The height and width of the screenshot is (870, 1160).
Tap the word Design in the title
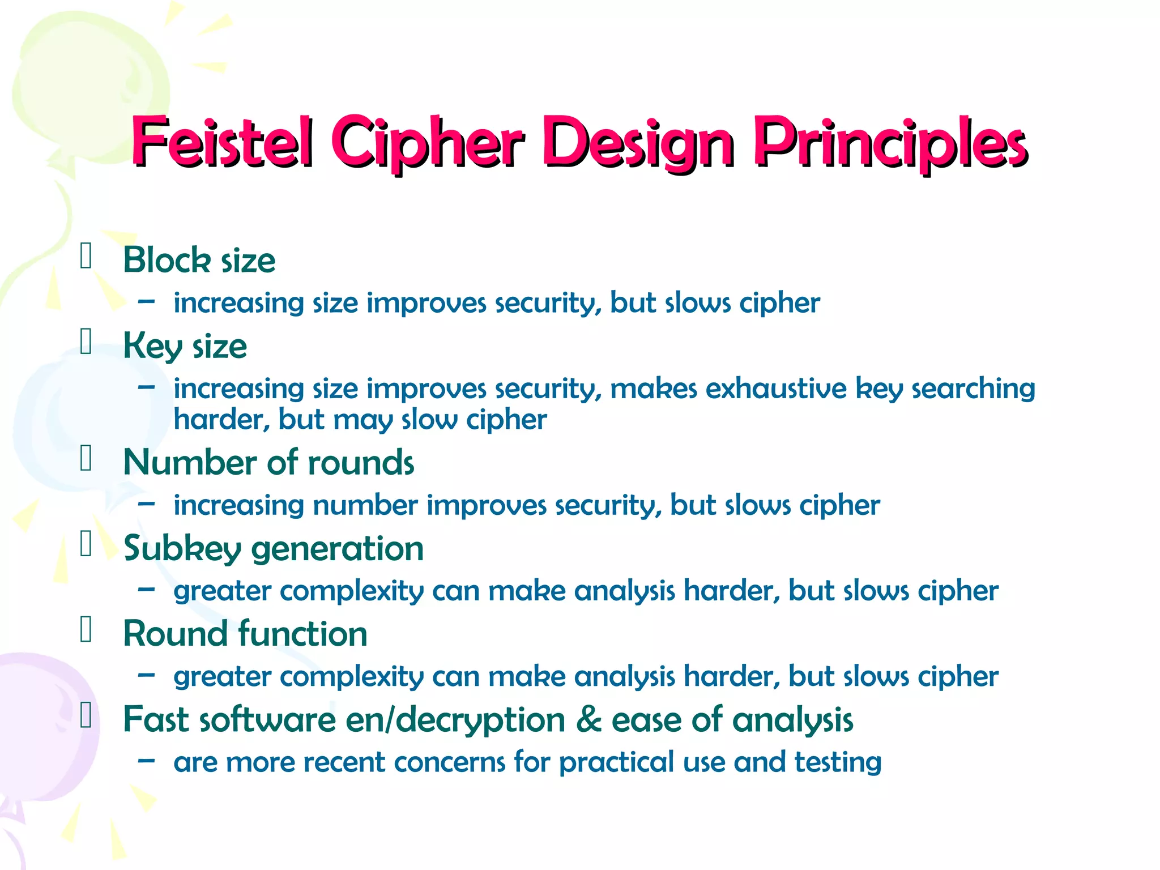(x=638, y=143)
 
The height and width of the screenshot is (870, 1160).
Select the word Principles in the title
(x=890, y=143)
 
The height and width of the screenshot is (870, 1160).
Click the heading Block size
(x=199, y=261)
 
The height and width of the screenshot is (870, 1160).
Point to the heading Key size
(x=185, y=347)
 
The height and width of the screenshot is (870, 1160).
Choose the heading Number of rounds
(x=268, y=462)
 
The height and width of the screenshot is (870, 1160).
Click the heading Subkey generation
(x=274, y=548)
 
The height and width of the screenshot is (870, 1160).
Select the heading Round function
(x=245, y=633)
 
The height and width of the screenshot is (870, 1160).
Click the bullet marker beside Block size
(x=86, y=255)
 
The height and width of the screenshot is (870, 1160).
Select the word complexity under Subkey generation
(x=352, y=591)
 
